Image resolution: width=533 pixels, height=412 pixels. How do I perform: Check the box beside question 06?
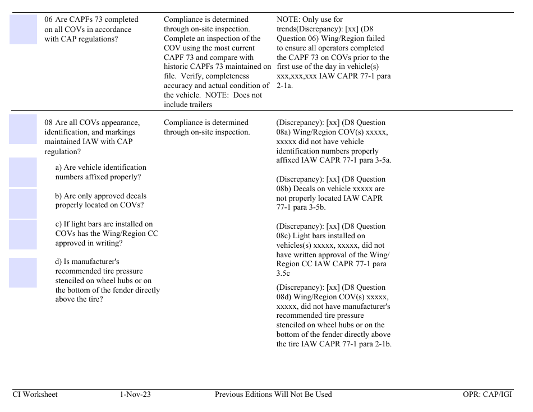[23, 29]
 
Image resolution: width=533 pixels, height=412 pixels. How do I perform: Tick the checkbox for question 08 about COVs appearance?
[23, 129]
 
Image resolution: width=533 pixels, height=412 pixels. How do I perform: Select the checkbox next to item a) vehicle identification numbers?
[23, 172]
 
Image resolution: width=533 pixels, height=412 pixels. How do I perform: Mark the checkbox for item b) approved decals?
[23, 203]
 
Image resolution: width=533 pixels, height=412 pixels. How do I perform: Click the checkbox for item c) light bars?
[23, 234]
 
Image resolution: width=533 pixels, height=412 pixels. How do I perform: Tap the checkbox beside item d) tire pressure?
[23, 272]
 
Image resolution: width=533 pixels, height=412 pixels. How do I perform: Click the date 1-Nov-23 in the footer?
[135, 395]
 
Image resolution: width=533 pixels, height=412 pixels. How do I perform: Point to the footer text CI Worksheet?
[35, 395]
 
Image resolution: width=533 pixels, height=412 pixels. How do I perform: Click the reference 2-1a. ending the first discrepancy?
[284, 86]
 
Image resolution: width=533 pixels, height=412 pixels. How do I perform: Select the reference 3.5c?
[283, 274]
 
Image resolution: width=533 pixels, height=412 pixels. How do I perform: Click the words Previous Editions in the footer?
[243, 395]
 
